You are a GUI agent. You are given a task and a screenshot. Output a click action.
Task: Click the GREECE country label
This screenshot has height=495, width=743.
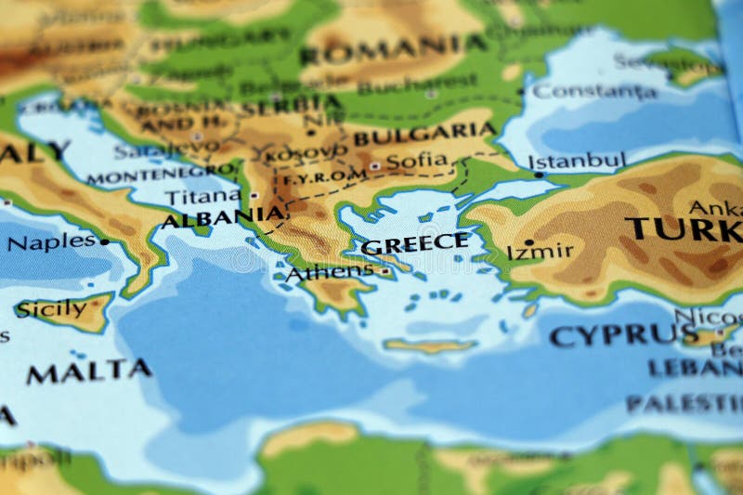[415, 244]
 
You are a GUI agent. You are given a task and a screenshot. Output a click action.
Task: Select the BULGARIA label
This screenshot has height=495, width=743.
[424, 135]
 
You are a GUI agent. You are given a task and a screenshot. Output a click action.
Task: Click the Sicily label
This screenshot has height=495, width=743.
[52, 308]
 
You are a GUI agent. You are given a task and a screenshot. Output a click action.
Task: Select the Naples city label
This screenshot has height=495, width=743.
[51, 243]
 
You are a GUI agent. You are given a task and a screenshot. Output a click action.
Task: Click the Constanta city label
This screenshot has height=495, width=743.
[595, 91]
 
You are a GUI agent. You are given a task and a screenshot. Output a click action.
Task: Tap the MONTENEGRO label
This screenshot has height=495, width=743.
[160, 174]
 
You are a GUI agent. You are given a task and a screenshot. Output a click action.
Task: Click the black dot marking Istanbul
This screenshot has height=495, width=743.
[540, 173]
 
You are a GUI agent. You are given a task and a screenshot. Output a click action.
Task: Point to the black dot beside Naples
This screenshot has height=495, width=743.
[104, 241]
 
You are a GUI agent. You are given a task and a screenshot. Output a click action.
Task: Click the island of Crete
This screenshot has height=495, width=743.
[429, 346]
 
